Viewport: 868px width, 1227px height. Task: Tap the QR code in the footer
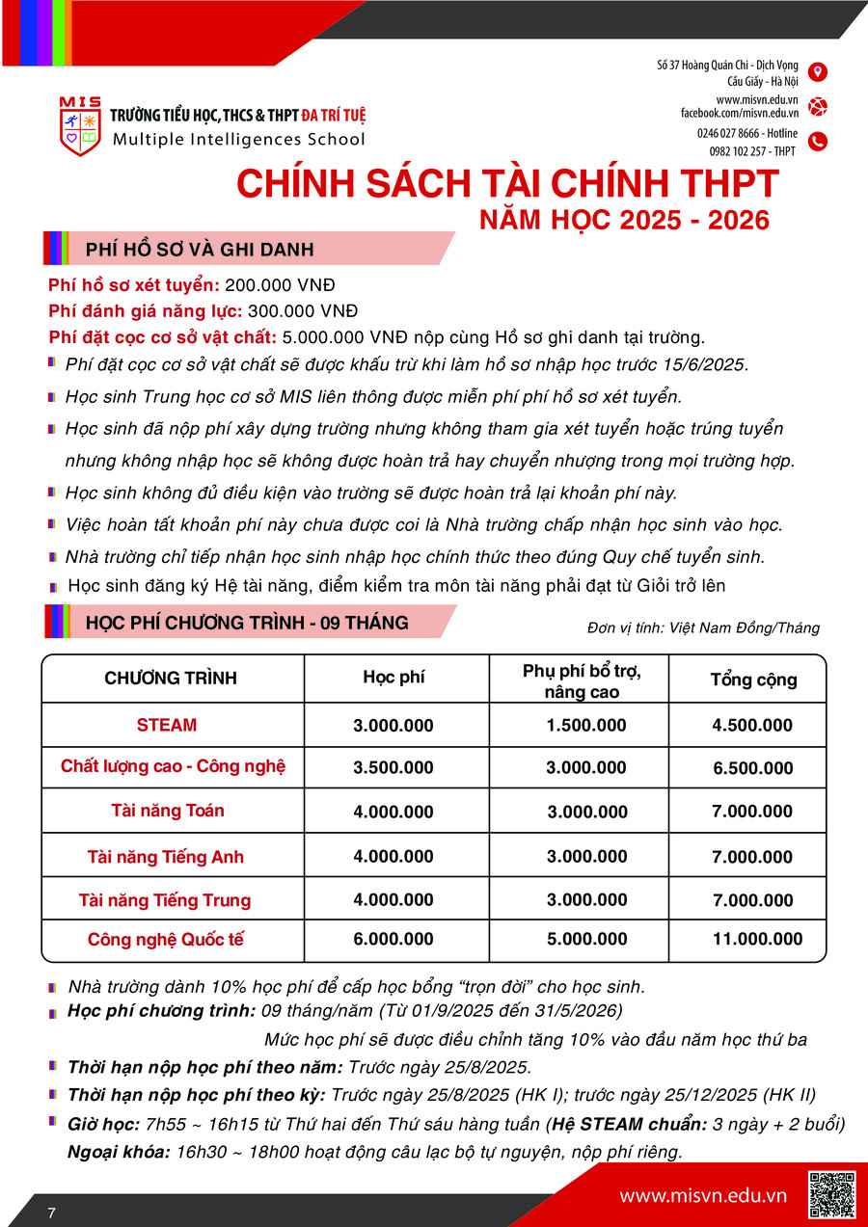pyautogui.click(x=831, y=1195)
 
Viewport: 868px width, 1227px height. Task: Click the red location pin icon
pyautogui.click(x=818, y=72)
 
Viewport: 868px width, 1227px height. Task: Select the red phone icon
pyautogui.click(x=818, y=142)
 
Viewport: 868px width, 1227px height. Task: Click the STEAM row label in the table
pyautogui.click(x=167, y=725)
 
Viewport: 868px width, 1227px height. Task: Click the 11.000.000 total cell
pyautogui.click(x=757, y=940)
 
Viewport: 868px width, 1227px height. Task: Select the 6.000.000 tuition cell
pyautogui.click(x=393, y=940)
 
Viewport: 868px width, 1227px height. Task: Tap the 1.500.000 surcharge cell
pyautogui.click(x=586, y=726)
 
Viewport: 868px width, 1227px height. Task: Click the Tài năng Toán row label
pyautogui.click(x=168, y=811)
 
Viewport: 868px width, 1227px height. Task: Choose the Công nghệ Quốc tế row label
pyautogui.click(x=166, y=940)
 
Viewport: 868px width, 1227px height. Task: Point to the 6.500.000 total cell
pyautogui.click(x=752, y=768)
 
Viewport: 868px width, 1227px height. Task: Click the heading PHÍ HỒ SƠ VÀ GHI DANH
pyautogui.click(x=200, y=250)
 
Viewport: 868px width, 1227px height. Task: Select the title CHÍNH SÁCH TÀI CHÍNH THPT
pyautogui.click(x=507, y=184)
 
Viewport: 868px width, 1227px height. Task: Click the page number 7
pyautogui.click(x=51, y=1213)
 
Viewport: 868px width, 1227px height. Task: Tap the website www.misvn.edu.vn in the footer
pyautogui.click(x=703, y=1196)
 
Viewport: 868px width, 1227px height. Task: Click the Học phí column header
pyautogui.click(x=393, y=678)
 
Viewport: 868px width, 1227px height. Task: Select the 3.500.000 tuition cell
pyautogui.click(x=393, y=768)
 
